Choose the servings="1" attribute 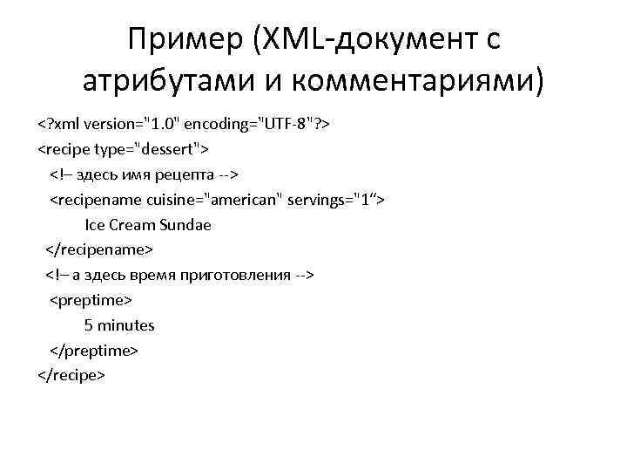(x=335, y=200)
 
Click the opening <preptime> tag (x=90, y=301)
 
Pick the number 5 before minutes (x=88, y=326)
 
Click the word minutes (x=126, y=326)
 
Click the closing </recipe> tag (x=71, y=375)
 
